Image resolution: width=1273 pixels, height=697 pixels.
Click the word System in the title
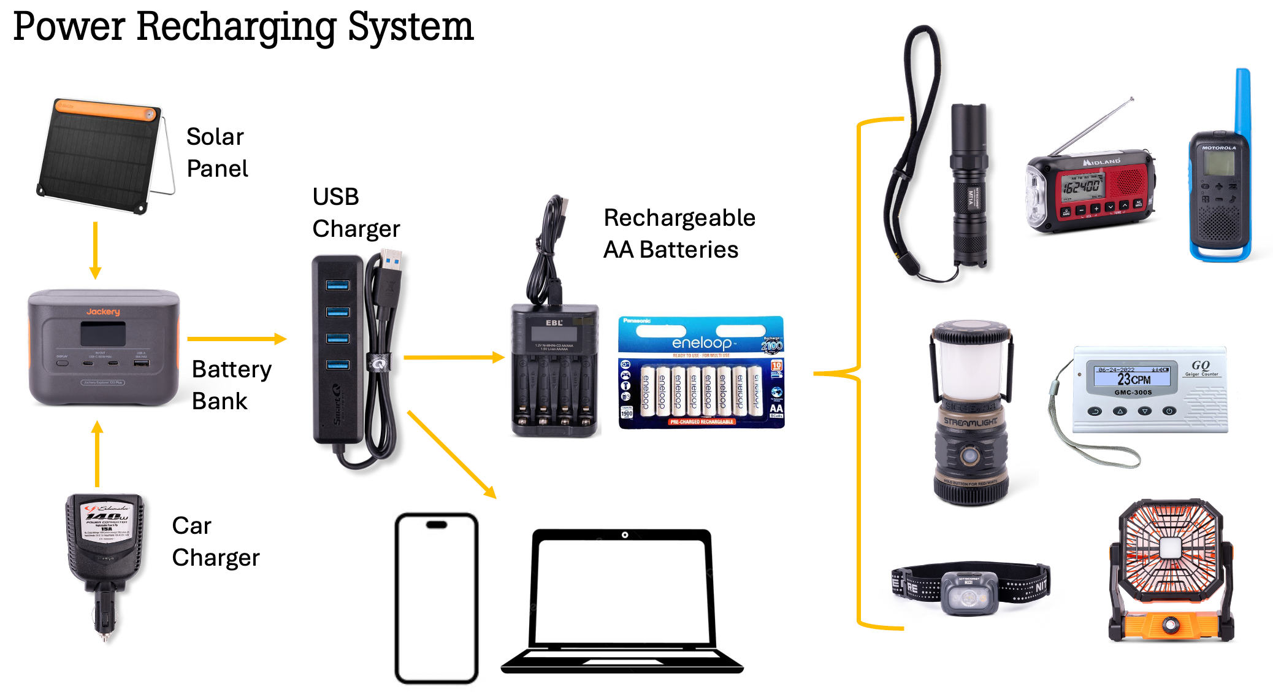[x=410, y=27]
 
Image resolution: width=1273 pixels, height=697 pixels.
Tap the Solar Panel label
[x=216, y=152]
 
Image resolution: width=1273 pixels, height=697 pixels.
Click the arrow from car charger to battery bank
[x=97, y=453]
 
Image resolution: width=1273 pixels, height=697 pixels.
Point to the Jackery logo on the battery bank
[x=103, y=312]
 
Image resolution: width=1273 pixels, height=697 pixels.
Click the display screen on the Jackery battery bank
[x=103, y=334]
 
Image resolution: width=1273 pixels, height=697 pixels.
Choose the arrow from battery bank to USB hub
[x=236, y=339]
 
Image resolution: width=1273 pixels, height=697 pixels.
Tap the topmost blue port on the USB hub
[x=337, y=285]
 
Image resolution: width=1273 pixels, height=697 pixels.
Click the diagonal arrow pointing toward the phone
[x=451, y=454]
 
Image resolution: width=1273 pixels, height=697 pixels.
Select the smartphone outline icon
[x=436, y=598]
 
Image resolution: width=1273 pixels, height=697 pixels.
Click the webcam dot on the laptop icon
[x=624, y=535]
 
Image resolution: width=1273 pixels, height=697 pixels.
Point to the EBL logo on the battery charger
[x=554, y=323]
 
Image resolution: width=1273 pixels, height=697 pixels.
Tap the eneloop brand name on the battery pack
[x=701, y=343]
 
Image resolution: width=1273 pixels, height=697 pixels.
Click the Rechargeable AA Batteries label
[x=679, y=234]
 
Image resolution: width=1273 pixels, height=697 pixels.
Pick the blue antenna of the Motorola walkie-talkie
[x=1242, y=101]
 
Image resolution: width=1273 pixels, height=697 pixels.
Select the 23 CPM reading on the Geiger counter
[x=1133, y=379]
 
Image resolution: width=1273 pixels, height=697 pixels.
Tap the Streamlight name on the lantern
[x=970, y=422]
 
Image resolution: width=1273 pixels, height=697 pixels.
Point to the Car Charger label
[x=215, y=542]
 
